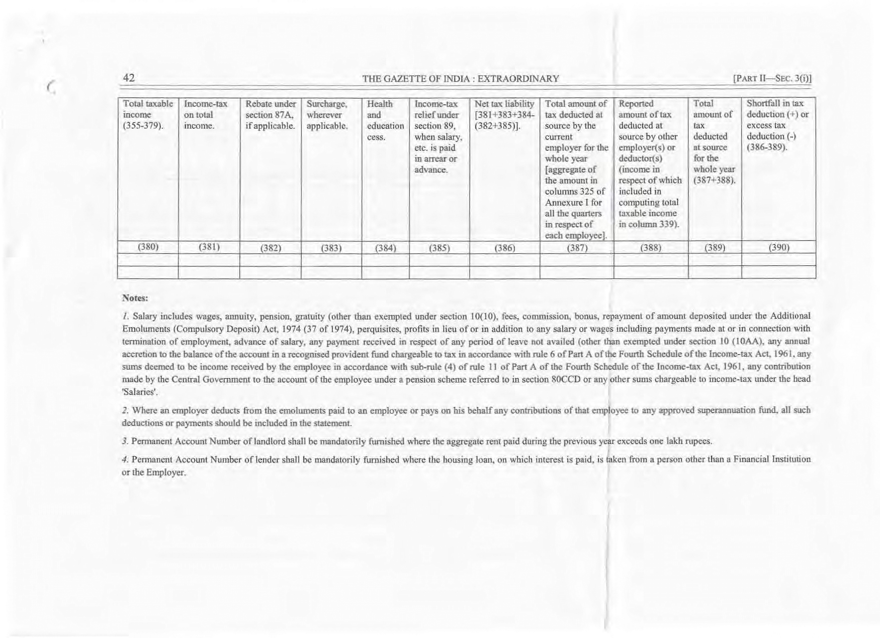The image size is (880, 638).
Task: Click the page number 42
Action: click(129, 78)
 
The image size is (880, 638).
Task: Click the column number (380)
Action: click(148, 247)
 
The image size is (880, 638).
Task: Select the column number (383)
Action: click(331, 248)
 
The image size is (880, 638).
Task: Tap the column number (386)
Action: click(504, 248)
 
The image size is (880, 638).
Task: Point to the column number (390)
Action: click(778, 247)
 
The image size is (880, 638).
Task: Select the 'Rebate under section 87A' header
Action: click(270, 115)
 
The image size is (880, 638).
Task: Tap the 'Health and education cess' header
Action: click(385, 120)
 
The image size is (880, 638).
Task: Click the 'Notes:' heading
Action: click(135, 298)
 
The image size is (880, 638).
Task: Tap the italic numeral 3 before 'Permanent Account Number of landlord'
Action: click(124, 442)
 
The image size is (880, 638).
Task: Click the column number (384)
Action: click(385, 248)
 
